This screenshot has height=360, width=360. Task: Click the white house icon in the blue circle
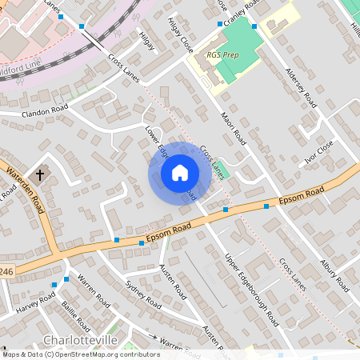(x=179, y=173)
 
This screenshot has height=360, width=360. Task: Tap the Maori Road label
(x=234, y=128)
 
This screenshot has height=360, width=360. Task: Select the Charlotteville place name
(x=80, y=340)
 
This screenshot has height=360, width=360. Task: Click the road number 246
(x=6, y=272)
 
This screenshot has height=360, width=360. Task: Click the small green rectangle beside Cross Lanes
(x=223, y=173)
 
